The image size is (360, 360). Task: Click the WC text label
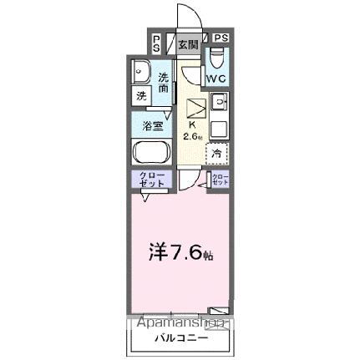[x=216, y=79]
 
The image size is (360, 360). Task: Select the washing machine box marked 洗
[x=140, y=96]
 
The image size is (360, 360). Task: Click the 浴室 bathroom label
[x=153, y=127]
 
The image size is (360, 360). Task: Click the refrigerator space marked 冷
[x=216, y=154]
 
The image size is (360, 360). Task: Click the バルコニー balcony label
[x=180, y=338]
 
